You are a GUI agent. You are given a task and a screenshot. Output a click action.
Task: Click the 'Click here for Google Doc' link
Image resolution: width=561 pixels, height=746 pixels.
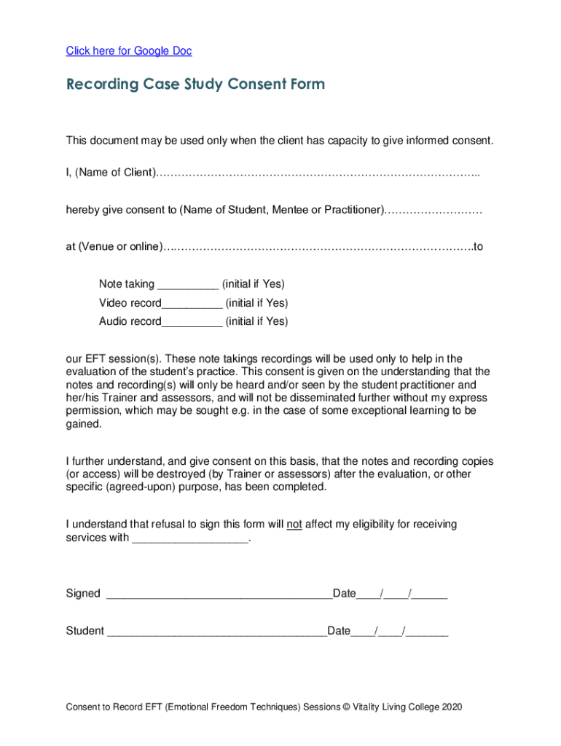(129, 51)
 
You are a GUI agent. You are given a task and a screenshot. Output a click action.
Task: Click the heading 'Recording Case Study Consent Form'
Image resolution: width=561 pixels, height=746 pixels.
(195, 85)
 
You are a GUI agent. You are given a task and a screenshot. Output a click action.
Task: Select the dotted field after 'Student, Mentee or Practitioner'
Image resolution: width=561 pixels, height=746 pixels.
(433, 211)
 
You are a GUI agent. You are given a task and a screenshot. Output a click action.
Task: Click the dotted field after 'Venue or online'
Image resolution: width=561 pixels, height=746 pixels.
(317, 248)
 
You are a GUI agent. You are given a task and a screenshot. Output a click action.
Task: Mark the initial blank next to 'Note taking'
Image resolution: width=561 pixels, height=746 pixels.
(187, 285)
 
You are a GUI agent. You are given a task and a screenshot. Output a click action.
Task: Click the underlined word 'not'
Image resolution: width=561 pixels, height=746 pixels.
(294, 525)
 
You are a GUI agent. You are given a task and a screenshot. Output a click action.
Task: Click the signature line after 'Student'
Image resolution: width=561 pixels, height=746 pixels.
(217, 632)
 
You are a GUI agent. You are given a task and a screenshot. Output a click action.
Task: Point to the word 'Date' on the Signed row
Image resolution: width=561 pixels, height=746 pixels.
(345, 594)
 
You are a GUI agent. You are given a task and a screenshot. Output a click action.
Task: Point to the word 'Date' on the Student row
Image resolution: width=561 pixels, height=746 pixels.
(340, 631)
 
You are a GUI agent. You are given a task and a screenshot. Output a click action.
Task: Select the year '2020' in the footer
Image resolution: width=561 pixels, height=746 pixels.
(450, 707)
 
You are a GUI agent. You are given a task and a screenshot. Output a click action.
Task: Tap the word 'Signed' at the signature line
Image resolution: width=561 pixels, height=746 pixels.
(83, 594)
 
